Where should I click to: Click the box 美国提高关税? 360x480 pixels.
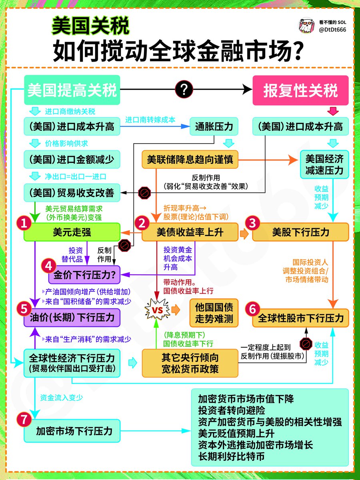pos(72,91)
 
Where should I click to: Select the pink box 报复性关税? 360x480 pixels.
pos(300,91)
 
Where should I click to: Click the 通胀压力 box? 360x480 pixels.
pos(214,127)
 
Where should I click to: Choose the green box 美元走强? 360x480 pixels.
pos(72,232)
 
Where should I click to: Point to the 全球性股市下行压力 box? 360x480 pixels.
pos(300,318)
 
